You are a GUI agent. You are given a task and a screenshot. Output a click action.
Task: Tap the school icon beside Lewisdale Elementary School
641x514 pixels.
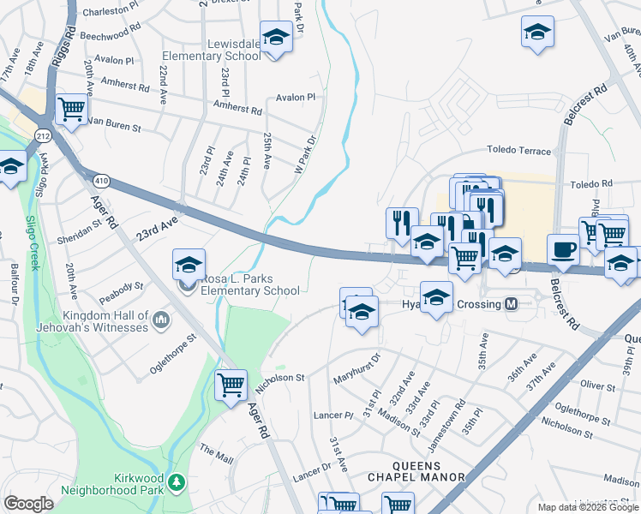pyautogui.click(x=276, y=39)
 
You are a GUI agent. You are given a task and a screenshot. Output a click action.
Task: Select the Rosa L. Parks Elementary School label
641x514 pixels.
pyautogui.click(x=249, y=284)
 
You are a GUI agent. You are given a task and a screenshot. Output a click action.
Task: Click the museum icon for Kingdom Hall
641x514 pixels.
pyautogui.click(x=161, y=321)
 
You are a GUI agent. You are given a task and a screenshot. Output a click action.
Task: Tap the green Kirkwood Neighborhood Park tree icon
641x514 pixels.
pyautogui.click(x=177, y=483)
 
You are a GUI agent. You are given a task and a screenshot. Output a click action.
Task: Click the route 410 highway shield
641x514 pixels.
pyautogui.click(x=102, y=181)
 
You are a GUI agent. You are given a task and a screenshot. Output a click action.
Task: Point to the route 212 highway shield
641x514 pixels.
pyautogui.click(x=44, y=135)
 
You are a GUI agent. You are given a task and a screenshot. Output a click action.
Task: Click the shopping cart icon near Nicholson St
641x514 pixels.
pyautogui.click(x=231, y=385)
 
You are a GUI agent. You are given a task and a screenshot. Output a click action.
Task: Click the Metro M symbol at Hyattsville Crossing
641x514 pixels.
pyautogui.click(x=512, y=304)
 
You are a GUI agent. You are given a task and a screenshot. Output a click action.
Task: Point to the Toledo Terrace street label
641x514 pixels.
pyautogui.click(x=519, y=151)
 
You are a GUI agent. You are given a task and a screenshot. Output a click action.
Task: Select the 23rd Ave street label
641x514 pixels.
pyautogui.click(x=156, y=227)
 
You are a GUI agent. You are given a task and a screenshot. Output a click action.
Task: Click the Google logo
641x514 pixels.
pyautogui.click(x=28, y=504)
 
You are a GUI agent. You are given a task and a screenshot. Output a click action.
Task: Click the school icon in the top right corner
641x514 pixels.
pyautogui.click(x=537, y=33)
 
